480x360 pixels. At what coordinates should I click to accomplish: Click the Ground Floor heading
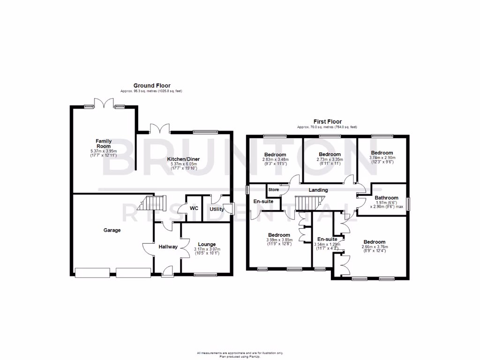[x=152, y=85]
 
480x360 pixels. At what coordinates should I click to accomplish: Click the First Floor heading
[x=327, y=121]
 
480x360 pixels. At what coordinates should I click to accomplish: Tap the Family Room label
[x=103, y=143]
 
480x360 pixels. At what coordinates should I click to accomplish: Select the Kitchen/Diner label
[x=183, y=159]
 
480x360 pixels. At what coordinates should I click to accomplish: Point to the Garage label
[x=112, y=230]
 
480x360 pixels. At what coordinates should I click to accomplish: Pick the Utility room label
[x=217, y=209]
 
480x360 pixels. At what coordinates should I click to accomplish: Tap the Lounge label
[x=207, y=244]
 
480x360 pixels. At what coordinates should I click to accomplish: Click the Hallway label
[x=167, y=247]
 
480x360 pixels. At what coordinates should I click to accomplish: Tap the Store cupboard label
[x=273, y=190]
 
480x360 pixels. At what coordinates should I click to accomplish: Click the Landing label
[x=318, y=190]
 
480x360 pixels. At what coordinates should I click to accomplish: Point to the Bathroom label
[x=386, y=198]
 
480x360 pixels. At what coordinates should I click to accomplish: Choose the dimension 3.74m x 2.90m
[x=382, y=158]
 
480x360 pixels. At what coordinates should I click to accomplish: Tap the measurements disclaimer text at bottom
[x=240, y=352]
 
